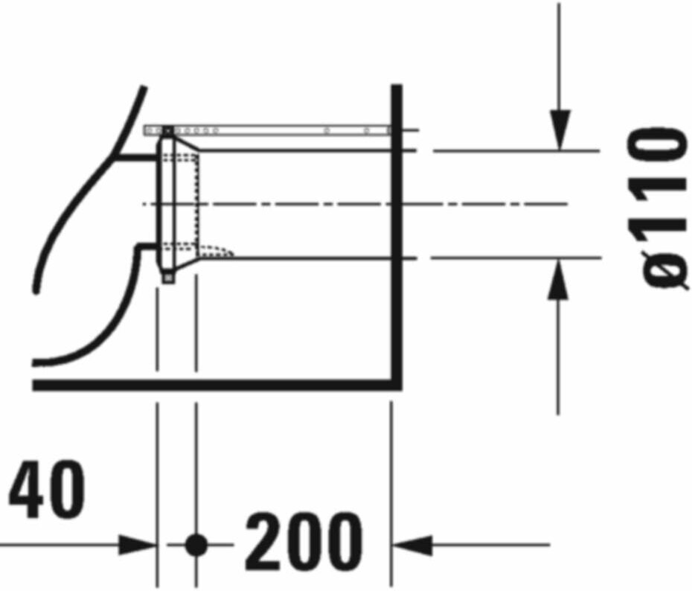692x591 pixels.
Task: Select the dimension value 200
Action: click(x=304, y=541)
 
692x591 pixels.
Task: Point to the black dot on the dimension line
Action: click(x=196, y=545)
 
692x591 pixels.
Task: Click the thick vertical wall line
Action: click(x=397, y=223)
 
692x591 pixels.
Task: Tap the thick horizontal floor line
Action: click(x=216, y=385)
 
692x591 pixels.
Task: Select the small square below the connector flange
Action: click(x=167, y=278)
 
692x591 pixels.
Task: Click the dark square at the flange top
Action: click(x=167, y=131)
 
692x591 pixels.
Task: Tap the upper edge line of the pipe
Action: click(x=298, y=150)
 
